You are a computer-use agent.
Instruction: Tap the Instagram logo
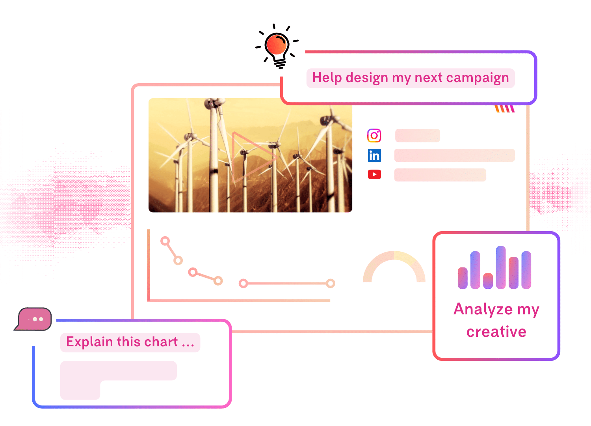point(374,136)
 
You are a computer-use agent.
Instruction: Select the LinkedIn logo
point(374,155)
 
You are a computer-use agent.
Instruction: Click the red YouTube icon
point(374,174)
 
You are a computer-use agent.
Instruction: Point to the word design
point(367,78)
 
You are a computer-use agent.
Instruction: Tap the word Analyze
point(483,309)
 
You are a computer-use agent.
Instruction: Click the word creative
point(496,332)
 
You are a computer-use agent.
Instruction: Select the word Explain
point(89,342)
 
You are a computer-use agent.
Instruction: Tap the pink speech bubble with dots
point(34,319)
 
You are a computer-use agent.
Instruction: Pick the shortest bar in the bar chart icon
point(488,280)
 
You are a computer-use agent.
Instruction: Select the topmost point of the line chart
point(165,241)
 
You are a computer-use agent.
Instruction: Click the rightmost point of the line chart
point(331,283)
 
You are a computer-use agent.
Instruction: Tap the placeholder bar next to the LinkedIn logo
point(454,155)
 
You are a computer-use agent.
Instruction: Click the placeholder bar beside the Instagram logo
point(418,136)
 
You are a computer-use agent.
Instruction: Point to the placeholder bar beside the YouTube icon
point(440,175)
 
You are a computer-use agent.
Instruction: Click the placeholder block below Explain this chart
point(118,371)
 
